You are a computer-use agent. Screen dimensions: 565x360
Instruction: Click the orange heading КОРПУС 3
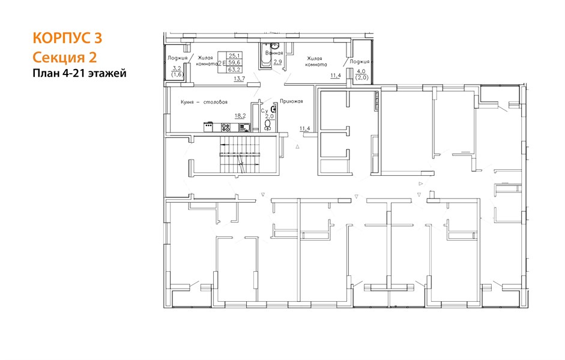[67, 38]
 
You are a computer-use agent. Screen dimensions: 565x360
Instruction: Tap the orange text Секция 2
[65, 57]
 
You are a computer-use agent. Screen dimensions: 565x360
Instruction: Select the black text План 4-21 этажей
[80, 73]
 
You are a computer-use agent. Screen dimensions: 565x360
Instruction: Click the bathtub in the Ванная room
[265, 56]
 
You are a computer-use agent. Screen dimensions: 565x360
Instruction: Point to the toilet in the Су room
[267, 125]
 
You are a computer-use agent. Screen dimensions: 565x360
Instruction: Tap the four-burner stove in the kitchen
[226, 127]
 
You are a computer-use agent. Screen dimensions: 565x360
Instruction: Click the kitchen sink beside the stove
[244, 127]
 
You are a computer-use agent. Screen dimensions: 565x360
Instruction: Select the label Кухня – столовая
[204, 102]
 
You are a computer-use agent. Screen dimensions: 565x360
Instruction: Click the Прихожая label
[291, 101]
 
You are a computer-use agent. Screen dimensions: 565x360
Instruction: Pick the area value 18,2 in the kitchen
[240, 116]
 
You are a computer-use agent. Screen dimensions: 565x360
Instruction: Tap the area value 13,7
[239, 78]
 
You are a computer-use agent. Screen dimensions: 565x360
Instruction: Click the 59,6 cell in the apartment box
[235, 62]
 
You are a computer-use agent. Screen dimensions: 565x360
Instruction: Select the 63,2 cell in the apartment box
[235, 69]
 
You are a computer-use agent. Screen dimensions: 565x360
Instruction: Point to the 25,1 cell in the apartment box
[235, 55]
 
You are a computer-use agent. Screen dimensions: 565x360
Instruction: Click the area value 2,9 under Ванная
[277, 62]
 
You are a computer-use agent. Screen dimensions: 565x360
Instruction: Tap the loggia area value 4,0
[361, 71]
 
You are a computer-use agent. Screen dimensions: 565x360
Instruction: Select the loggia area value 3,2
[177, 68]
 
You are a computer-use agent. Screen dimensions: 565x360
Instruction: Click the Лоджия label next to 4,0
[359, 62]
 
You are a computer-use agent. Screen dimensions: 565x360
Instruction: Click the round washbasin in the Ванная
[274, 46]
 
